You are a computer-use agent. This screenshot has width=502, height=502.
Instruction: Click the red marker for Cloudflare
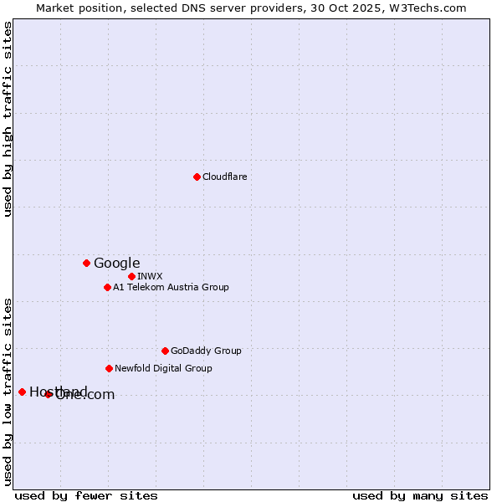coord(197,177)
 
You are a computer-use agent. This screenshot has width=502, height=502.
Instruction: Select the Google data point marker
coord(86,263)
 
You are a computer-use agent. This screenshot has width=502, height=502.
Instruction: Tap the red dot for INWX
coord(131,276)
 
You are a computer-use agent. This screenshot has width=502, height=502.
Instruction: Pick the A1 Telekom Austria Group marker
coord(107,287)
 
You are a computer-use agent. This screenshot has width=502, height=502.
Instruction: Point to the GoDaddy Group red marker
coord(165,351)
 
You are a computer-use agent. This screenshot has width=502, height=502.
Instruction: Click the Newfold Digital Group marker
coord(109,368)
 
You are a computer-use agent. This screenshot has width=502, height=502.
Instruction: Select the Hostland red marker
coord(22,392)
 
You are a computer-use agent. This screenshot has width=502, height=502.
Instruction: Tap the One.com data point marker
coord(49,394)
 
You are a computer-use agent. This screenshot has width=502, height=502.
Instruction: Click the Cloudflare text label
coord(224,177)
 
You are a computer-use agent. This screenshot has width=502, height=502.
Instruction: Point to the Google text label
coord(116,263)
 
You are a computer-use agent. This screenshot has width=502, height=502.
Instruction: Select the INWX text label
coord(150,276)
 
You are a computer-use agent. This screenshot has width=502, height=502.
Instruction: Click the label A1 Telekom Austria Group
coord(171,287)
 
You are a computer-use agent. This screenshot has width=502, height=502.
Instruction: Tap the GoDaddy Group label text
coord(206,351)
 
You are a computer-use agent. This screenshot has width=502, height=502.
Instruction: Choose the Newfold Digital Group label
coord(163,368)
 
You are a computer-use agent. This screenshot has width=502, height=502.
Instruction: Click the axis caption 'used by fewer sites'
coord(85,495)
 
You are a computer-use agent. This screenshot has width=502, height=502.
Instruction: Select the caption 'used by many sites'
coord(420,495)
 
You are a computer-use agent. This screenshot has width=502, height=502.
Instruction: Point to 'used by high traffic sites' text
coord(8,119)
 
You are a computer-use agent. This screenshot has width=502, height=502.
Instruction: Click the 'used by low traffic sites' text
coord(8,391)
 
